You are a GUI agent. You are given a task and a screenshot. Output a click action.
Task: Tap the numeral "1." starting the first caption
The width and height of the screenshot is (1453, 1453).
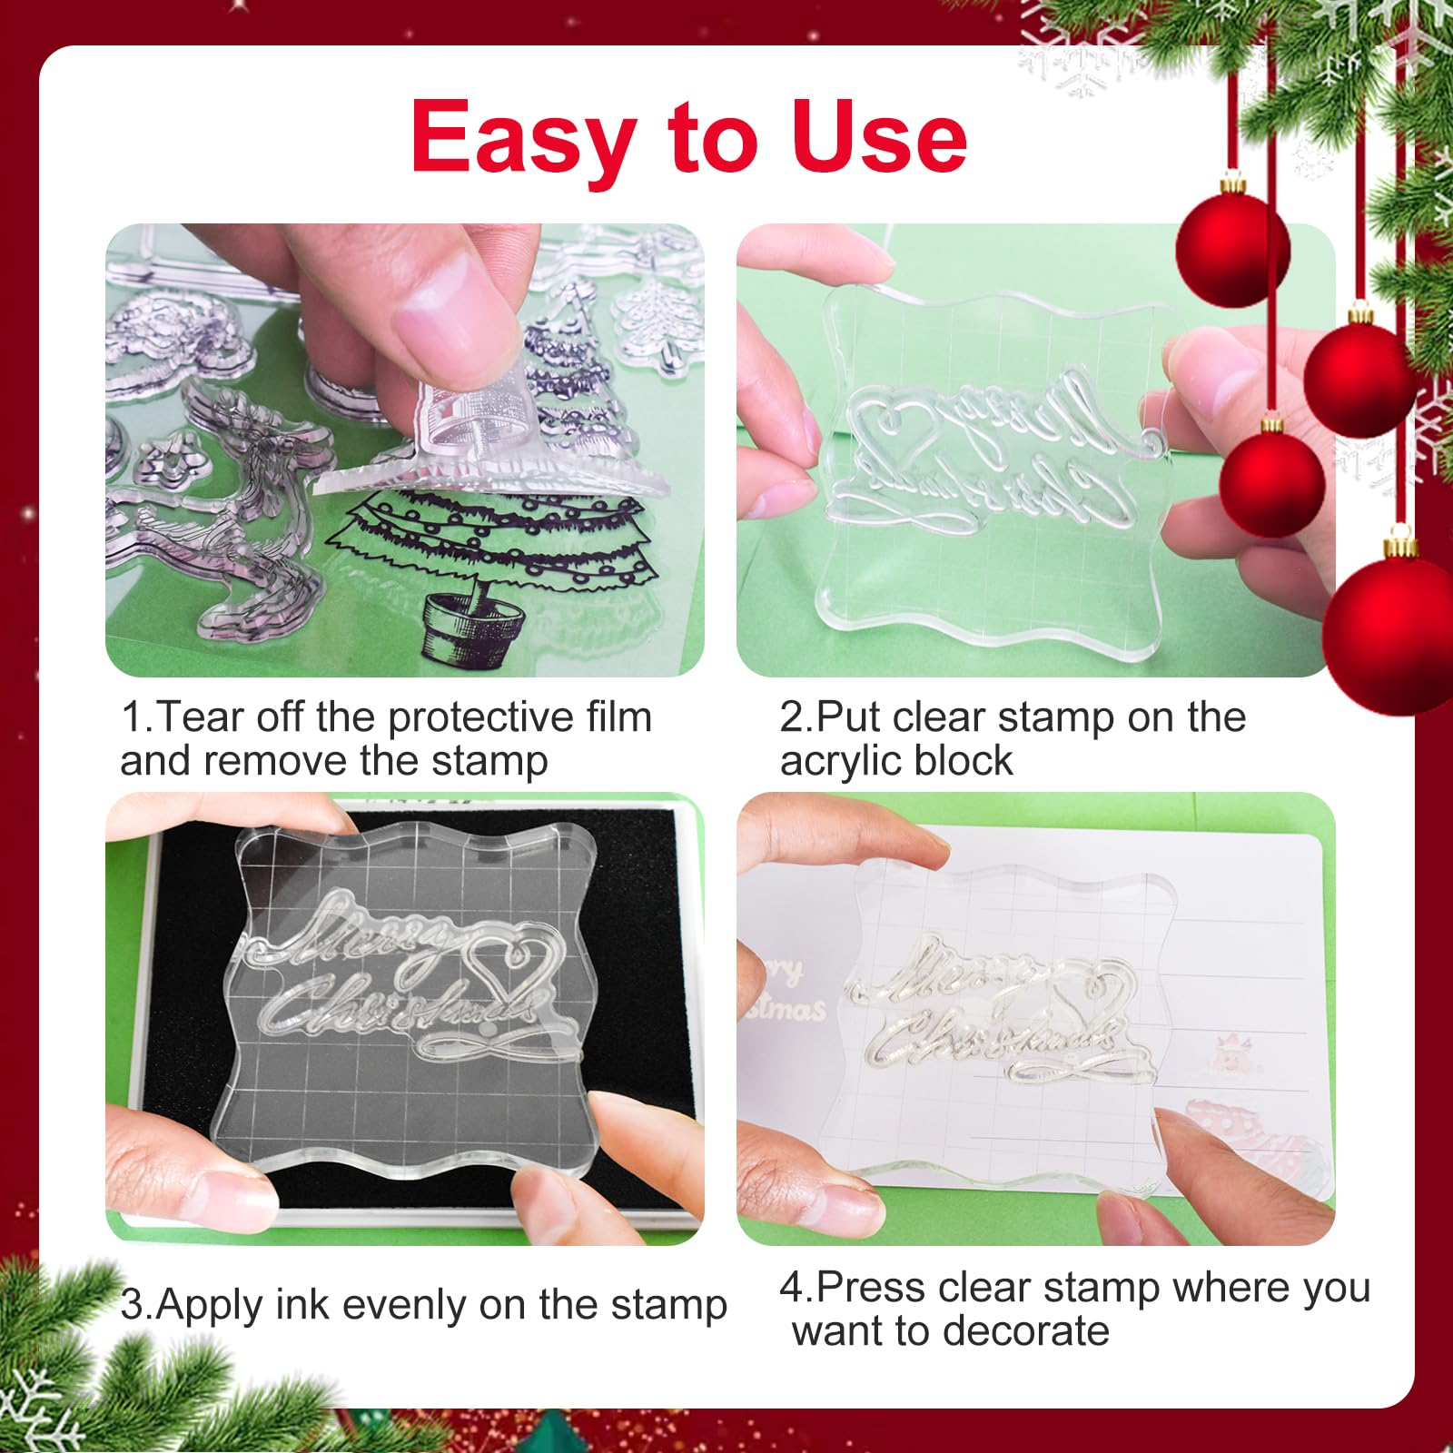click(x=137, y=717)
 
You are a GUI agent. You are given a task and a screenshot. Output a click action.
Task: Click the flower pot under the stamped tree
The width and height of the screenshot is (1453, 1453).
click(x=473, y=624)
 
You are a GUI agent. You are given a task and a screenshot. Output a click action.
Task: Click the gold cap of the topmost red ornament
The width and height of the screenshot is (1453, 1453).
click(x=1232, y=185)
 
